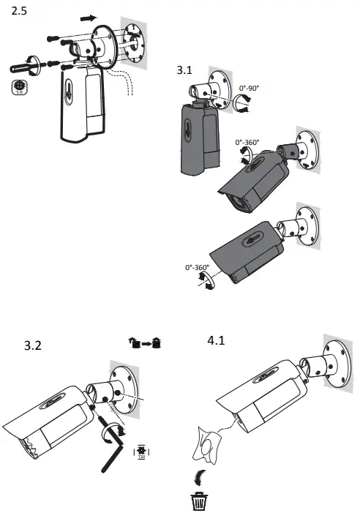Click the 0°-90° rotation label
pyautogui.click(x=252, y=89)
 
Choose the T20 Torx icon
pyautogui.click(x=142, y=452)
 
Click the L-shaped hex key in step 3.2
pyautogui.click(x=108, y=446)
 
